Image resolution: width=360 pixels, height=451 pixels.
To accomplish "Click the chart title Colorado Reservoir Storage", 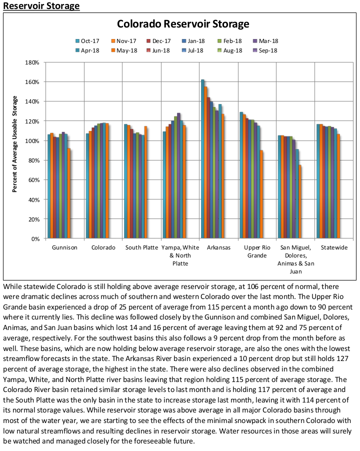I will point(183,24).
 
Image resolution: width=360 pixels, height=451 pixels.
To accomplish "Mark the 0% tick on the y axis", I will point(35,239).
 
